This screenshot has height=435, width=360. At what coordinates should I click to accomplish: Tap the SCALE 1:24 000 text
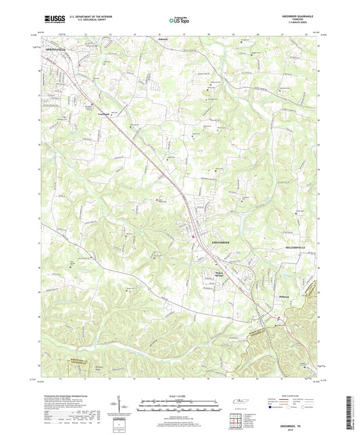(x=180, y=395)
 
